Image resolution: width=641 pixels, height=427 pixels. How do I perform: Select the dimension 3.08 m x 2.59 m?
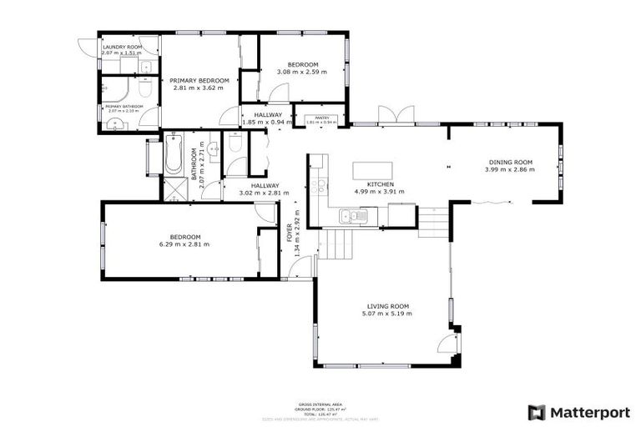[x=302, y=72]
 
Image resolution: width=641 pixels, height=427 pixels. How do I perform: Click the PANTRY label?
[x=320, y=119]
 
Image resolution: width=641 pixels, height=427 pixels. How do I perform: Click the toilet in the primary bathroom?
[x=144, y=87]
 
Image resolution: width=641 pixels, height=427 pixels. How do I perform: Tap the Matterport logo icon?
[x=537, y=412]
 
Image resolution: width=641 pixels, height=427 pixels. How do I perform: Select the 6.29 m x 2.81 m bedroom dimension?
[x=184, y=244]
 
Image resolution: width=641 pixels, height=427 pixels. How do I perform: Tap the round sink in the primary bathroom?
[x=114, y=125]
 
